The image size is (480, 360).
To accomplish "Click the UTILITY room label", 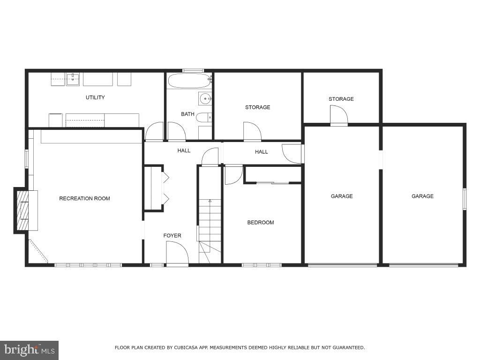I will point(95,97).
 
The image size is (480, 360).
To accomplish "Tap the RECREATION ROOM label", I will point(84,198).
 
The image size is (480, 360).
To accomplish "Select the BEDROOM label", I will point(260,222).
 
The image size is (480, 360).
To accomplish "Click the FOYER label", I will point(172,235).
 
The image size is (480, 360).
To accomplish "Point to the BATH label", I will point(187,114).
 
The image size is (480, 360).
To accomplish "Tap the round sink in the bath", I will point(204,98).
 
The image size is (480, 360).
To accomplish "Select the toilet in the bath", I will point(203,118).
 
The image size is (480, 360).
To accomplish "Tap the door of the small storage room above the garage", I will point(339,116).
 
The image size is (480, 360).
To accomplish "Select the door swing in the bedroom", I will point(232,174).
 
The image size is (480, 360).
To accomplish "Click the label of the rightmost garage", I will point(422,196).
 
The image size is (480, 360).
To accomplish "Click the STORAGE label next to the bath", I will point(257,107).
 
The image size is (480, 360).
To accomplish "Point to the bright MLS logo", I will point(29,350).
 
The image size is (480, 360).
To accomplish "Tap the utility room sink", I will point(72,79).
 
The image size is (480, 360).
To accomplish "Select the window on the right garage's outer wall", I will point(465,199).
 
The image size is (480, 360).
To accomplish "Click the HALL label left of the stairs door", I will point(184,150).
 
